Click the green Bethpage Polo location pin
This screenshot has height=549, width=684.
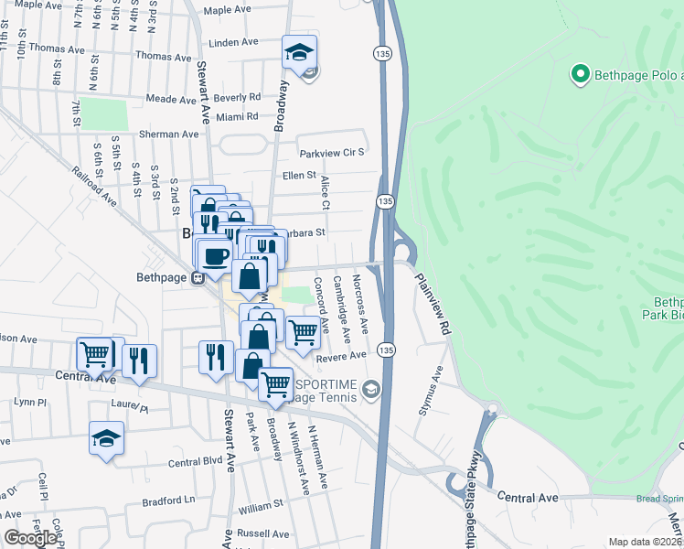click(x=579, y=74)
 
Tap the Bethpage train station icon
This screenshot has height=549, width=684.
click(x=197, y=277)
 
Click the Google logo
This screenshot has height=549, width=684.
click(x=30, y=538)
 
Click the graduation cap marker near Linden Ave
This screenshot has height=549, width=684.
click(x=299, y=54)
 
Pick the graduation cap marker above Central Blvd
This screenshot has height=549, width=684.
click(x=107, y=439)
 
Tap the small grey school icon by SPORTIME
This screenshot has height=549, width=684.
click(x=370, y=391)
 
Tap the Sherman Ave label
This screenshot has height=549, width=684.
click(x=168, y=134)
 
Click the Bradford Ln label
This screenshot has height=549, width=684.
click(x=170, y=501)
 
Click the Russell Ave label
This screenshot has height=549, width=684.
click(x=262, y=533)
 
